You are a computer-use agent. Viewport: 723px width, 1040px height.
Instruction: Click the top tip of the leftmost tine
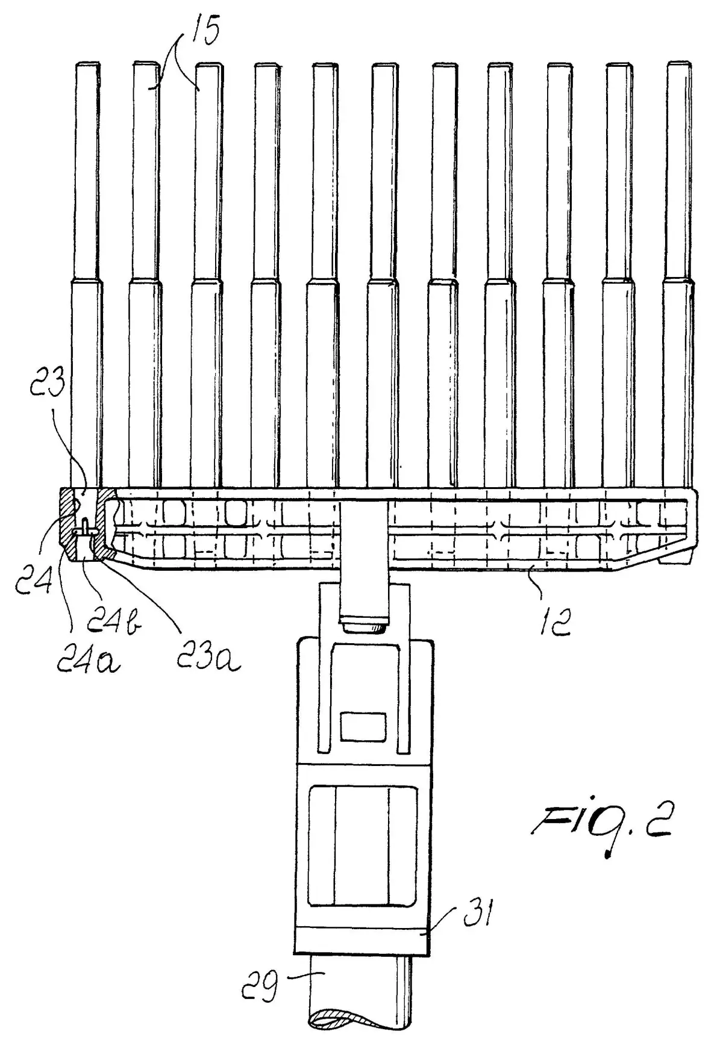(x=86, y=64)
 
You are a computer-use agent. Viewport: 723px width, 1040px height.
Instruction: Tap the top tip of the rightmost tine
(x=679, y=64)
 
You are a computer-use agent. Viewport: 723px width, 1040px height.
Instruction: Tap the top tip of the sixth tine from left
(x=383, y=64)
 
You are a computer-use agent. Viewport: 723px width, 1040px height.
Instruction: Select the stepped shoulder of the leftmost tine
(x=86, y=279)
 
